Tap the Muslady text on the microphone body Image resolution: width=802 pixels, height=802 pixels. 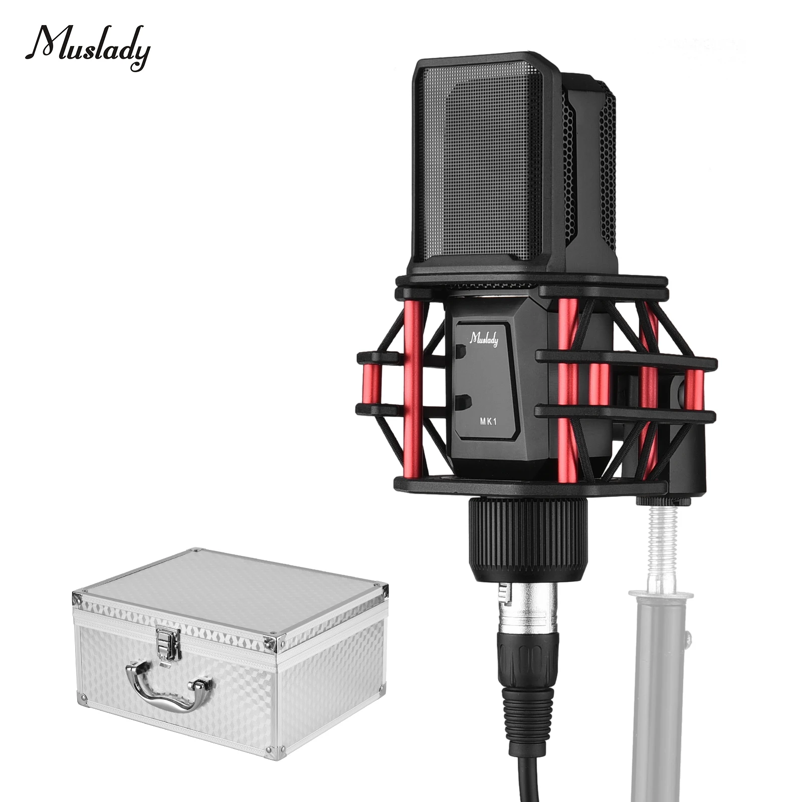tap(484, 339)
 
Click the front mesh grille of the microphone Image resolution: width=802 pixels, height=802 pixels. tap(481, 165)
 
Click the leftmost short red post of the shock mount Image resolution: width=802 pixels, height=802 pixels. tap(372, 385)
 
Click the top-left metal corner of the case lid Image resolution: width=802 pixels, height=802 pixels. tap(78, 598)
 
